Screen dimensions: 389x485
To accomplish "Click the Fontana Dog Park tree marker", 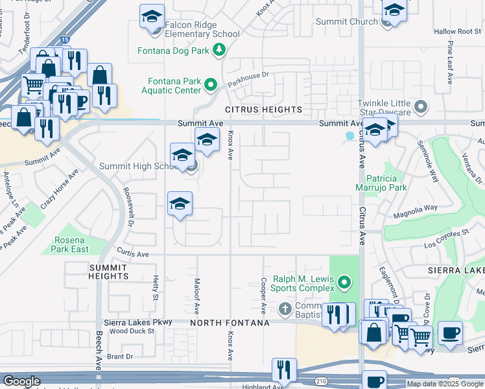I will (x=220, y=50).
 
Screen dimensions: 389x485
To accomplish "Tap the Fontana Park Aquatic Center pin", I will (x=211, y=84).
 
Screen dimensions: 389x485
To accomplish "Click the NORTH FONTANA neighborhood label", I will (x=230, y=323).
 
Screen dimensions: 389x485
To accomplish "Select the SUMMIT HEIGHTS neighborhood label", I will (x=108, y=272).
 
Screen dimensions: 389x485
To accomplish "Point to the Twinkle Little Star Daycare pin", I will (x=421, y=106).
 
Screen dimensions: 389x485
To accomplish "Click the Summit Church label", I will (x=346, y=21).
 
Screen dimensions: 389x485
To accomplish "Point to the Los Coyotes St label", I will (x=445, y=245).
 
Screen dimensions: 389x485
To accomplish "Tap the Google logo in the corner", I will (x=21, y=381).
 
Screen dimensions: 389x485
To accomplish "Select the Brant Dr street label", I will (x=120, y=356).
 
